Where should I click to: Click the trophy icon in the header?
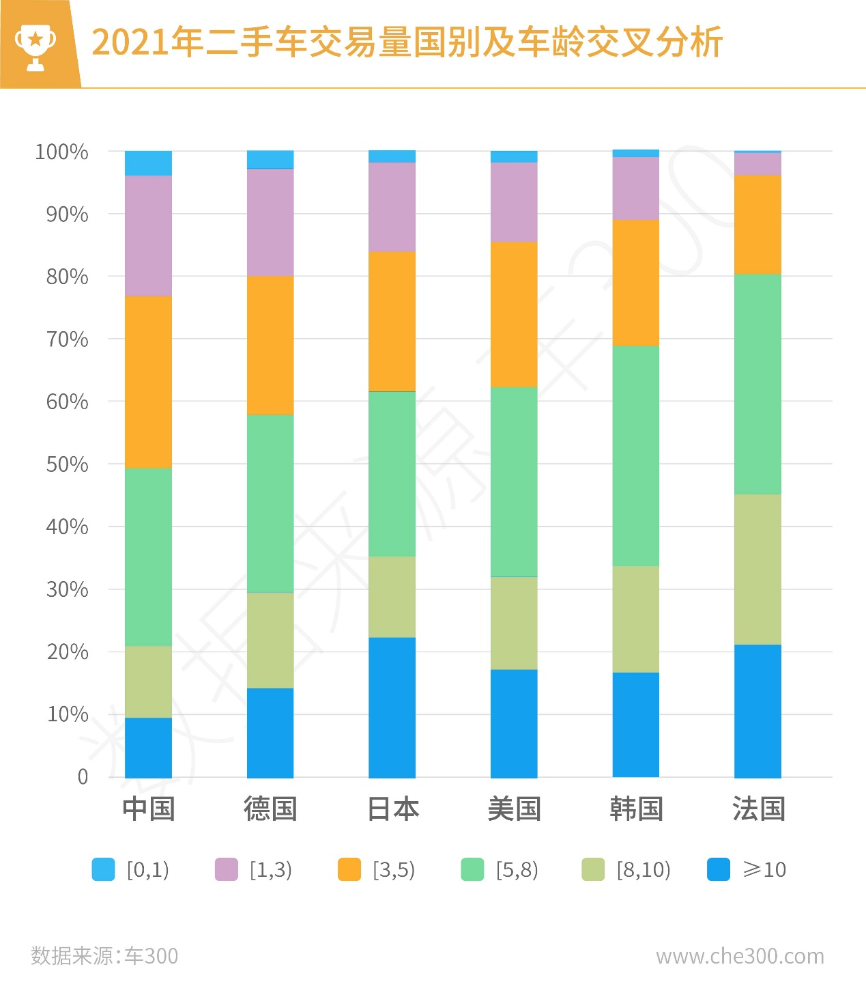tap(35, 46)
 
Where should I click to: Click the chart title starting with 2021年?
tap(407, 42)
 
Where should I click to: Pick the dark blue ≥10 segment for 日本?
tap(392, 707)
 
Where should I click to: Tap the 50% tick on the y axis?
tap(67, 464)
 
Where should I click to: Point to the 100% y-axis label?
tap(61, 152)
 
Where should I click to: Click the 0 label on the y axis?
tap(83, 776)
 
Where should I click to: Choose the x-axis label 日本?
tap(392, 809)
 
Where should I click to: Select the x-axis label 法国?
tap(758, 809)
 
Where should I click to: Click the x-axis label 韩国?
tap(636, 809)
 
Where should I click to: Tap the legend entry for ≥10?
tap(747, 869)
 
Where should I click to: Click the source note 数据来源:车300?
tap(104, 955)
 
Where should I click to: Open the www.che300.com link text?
tap(740, 956)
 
